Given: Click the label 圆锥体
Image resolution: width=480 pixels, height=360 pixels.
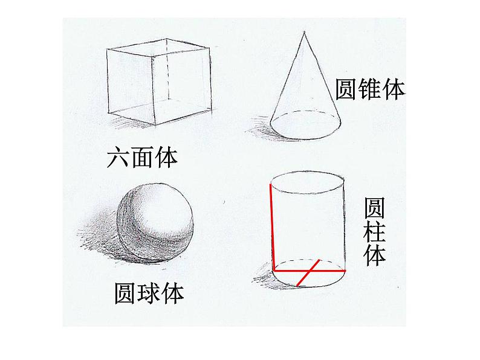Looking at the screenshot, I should (369, 89).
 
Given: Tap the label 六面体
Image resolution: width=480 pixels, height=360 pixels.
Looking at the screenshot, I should (142, 158).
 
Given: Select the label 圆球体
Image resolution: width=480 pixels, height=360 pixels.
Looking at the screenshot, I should (149, 294).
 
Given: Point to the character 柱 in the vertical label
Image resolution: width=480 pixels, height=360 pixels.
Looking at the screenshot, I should (374, 233).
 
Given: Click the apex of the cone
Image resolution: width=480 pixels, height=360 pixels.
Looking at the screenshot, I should (300, 32).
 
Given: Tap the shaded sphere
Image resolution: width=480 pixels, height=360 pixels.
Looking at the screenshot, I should (155, 222).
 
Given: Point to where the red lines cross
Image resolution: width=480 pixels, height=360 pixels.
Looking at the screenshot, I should (310, 271).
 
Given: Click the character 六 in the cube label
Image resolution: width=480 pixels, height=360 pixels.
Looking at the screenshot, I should (118, 158).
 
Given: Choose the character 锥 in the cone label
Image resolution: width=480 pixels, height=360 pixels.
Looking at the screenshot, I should (369, 89).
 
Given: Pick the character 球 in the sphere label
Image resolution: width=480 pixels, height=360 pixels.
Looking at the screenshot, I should (149, 294).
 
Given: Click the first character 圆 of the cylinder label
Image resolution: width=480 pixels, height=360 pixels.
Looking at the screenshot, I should (374, 208).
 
